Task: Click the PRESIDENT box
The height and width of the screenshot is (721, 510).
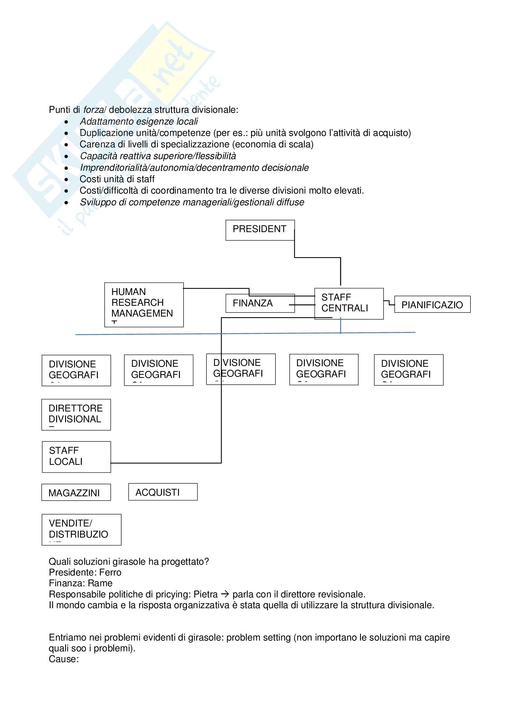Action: click(260, 230)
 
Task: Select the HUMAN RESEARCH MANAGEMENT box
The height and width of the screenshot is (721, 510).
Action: click(144, 305)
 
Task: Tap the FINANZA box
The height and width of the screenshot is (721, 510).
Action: click(260, 303)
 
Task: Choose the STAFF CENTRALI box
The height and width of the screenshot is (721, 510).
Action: click(349, 303)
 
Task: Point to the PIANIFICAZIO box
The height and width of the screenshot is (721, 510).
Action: click(432, 304)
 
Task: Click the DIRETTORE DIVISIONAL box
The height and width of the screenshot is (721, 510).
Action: click(76, 415)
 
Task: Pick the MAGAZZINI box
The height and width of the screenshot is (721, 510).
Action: click(76, 492)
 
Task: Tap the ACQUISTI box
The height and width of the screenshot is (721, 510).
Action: click(163, 492)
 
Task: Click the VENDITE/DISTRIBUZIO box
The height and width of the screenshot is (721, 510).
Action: click(81, 530)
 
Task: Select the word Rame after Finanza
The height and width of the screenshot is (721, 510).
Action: click(100, 583)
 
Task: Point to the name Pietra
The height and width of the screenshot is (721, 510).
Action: click(205, 594)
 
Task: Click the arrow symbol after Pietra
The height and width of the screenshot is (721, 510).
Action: click(225, 594)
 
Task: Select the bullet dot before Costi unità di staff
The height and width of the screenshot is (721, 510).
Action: click(66, 180)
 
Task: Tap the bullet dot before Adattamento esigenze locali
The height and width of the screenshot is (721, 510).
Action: click(66, 122)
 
